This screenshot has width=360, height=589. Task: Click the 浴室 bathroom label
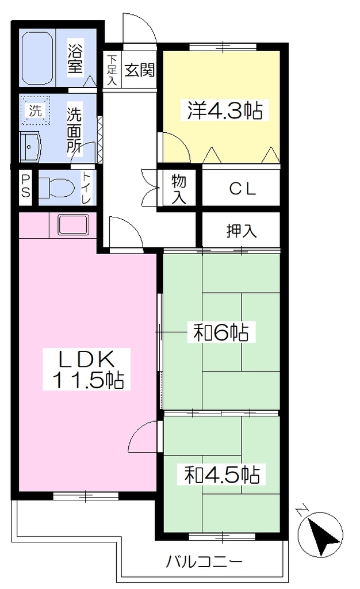point(75,59)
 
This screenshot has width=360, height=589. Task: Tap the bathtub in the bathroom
point(37,58)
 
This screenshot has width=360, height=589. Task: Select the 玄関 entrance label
point(139,70)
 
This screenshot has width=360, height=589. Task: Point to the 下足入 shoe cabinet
point(112,70)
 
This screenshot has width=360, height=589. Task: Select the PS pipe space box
point(25,188)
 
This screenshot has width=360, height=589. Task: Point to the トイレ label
point(86,188)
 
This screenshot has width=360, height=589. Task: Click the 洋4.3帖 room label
point(224,110)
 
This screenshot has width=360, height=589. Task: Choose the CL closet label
point(243,189)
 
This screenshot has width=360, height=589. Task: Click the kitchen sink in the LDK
point(73,224)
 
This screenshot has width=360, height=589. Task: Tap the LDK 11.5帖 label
point(86,369)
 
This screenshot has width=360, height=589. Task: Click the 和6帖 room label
point(221,332)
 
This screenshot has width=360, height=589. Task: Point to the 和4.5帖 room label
point(222,475)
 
